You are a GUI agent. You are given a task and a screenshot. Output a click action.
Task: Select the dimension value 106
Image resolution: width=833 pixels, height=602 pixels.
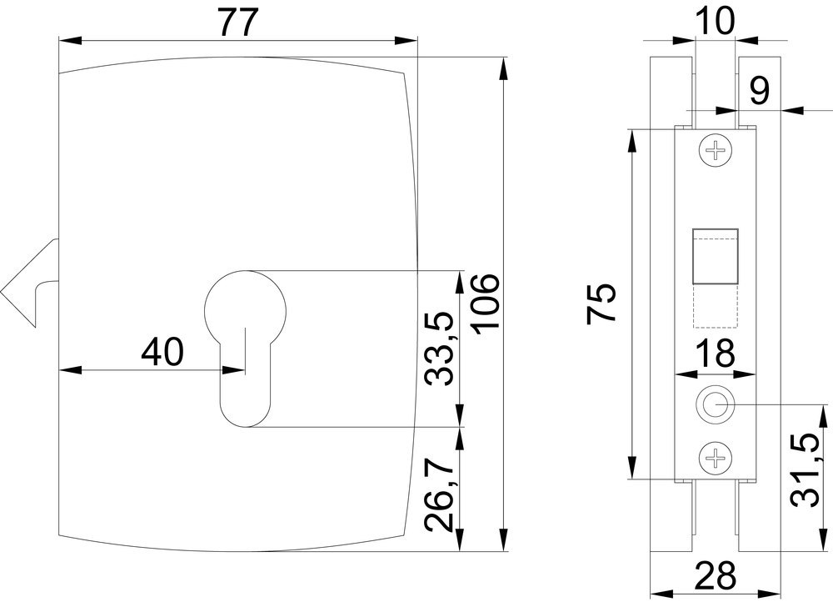coord(486,304)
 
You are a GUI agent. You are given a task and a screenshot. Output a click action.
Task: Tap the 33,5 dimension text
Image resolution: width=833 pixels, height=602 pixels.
coord(439,348)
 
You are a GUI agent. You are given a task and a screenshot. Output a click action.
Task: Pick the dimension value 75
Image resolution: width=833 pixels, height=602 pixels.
coord(602,304)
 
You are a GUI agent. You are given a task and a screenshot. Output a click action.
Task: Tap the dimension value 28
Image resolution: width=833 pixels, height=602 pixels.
coord(714,575)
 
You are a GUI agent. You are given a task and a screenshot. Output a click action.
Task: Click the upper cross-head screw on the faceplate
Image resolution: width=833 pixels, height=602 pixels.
coord(715,151)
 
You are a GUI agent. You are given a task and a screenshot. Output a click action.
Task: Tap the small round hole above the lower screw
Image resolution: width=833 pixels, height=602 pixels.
coord(715,404)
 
